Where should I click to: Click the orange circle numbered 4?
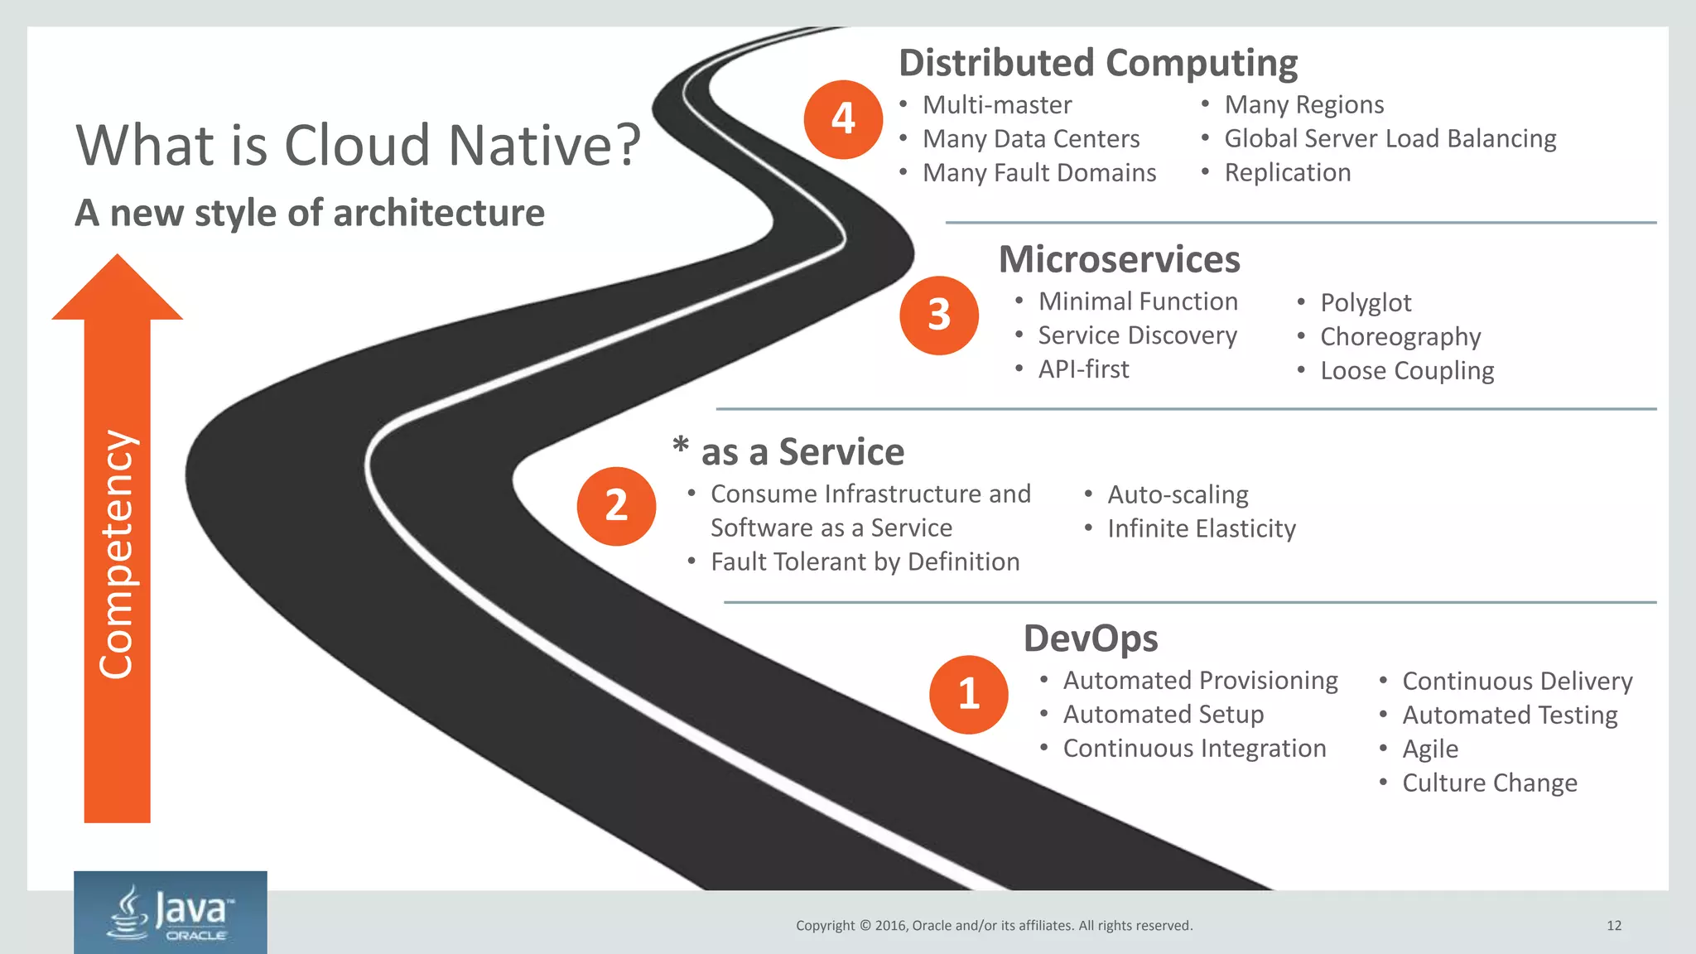point(843,119)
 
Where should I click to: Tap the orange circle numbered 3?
point(939,316)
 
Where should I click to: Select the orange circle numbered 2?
point(616,506)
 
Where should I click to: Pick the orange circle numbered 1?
point(968,694)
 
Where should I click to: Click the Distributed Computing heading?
point(1098,63)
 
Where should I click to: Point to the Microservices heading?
point(1119,259)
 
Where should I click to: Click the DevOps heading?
point(1091,638)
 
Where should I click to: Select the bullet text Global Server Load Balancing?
point(1390,138)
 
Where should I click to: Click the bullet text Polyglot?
point(1366,302)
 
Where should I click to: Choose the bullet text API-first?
point(1083,369)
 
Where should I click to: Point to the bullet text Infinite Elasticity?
point(1201,528)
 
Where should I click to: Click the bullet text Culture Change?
point(1489,783)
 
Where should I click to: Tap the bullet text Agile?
point(1430,749)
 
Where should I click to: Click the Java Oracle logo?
point(171,912)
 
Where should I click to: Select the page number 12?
point(1614,926)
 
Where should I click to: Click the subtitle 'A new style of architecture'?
point(310,213)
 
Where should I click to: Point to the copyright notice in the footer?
point(994,926)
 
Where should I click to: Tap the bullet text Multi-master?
point(997,105)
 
